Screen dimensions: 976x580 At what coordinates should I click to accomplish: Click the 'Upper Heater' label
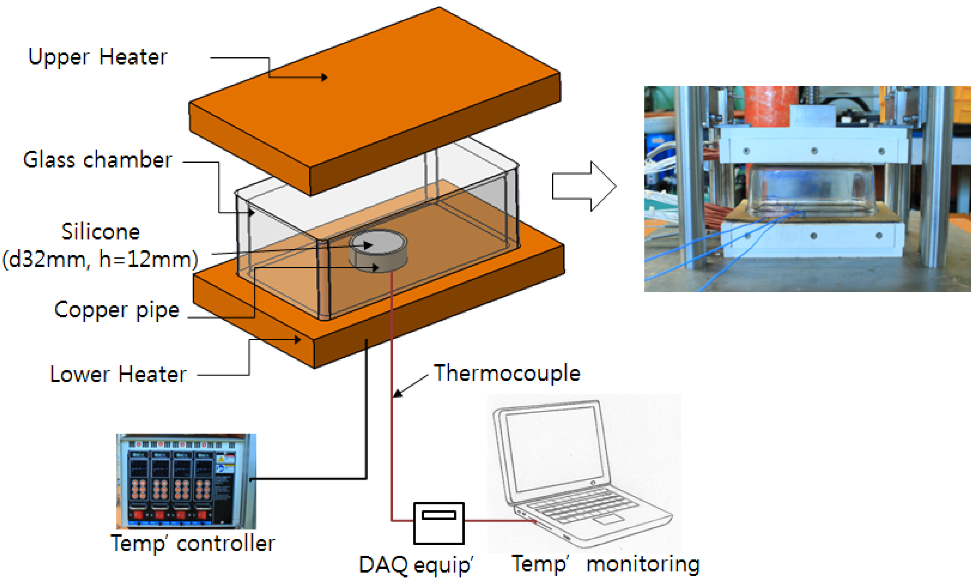click(x=98, y=57)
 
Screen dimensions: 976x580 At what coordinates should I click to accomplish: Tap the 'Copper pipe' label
click(x=117, y=310)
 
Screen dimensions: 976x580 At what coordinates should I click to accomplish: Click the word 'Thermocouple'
click(x=507, y=373)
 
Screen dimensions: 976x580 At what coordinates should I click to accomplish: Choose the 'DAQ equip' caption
click(x=416, y=565)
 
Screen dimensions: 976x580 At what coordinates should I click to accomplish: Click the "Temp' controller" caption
click(x=193, y=543)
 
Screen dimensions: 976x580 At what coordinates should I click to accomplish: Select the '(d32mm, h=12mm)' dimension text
click(x=100, y=260)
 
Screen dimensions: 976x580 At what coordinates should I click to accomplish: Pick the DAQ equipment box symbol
click(x=439, y=523)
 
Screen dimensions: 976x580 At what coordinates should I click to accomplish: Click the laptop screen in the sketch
click(x=554, y=449)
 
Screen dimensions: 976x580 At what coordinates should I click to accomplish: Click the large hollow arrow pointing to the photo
click(x=584, y=186)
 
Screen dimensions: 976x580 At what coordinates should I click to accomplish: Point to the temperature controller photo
click(x=186, y=481)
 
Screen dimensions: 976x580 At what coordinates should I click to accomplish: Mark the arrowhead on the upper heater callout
click(x=325, y=77)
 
